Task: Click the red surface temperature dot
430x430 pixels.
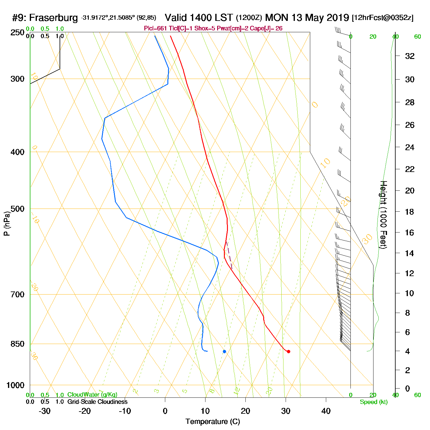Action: (x=288, y=351)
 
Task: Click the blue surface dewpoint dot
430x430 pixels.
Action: (x=225, y=351)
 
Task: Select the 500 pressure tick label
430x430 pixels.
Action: (x=18, y=209)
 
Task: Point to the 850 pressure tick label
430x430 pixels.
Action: (x=18, y=344)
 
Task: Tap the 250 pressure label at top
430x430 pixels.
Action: (x=18, y=33)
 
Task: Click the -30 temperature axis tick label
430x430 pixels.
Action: (x=45, y=411)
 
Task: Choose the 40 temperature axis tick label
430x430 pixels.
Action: (x=326, y=411)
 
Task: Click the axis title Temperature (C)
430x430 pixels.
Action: (x=213, y=422)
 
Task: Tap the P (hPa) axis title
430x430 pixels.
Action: (x=7, y=223)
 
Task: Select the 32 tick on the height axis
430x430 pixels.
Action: (x=410, y=56)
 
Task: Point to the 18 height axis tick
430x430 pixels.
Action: (x=410, y=212)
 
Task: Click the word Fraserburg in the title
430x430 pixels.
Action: (x=53, y=18)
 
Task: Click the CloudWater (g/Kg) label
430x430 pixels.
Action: (x=92, y=395)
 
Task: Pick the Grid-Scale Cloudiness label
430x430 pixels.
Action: (x=97, y=402)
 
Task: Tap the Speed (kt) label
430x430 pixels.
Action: (x=374, y=402)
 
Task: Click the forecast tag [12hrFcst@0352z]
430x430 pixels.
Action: (x=382, y=18)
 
